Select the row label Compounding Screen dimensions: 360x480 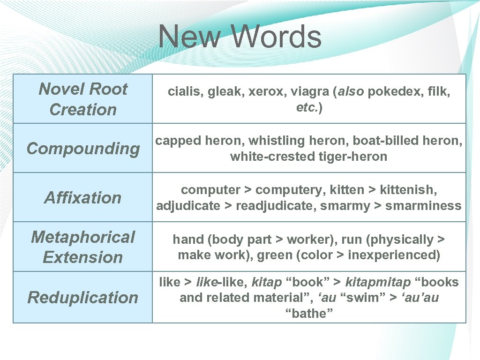(83, 149)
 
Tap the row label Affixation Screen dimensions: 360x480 (83, 198)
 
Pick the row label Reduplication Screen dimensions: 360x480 (83, 297)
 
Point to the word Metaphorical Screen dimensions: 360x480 (83, 237)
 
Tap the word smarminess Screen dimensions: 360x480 (423, 206)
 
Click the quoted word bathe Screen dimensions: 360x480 (309, 314)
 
